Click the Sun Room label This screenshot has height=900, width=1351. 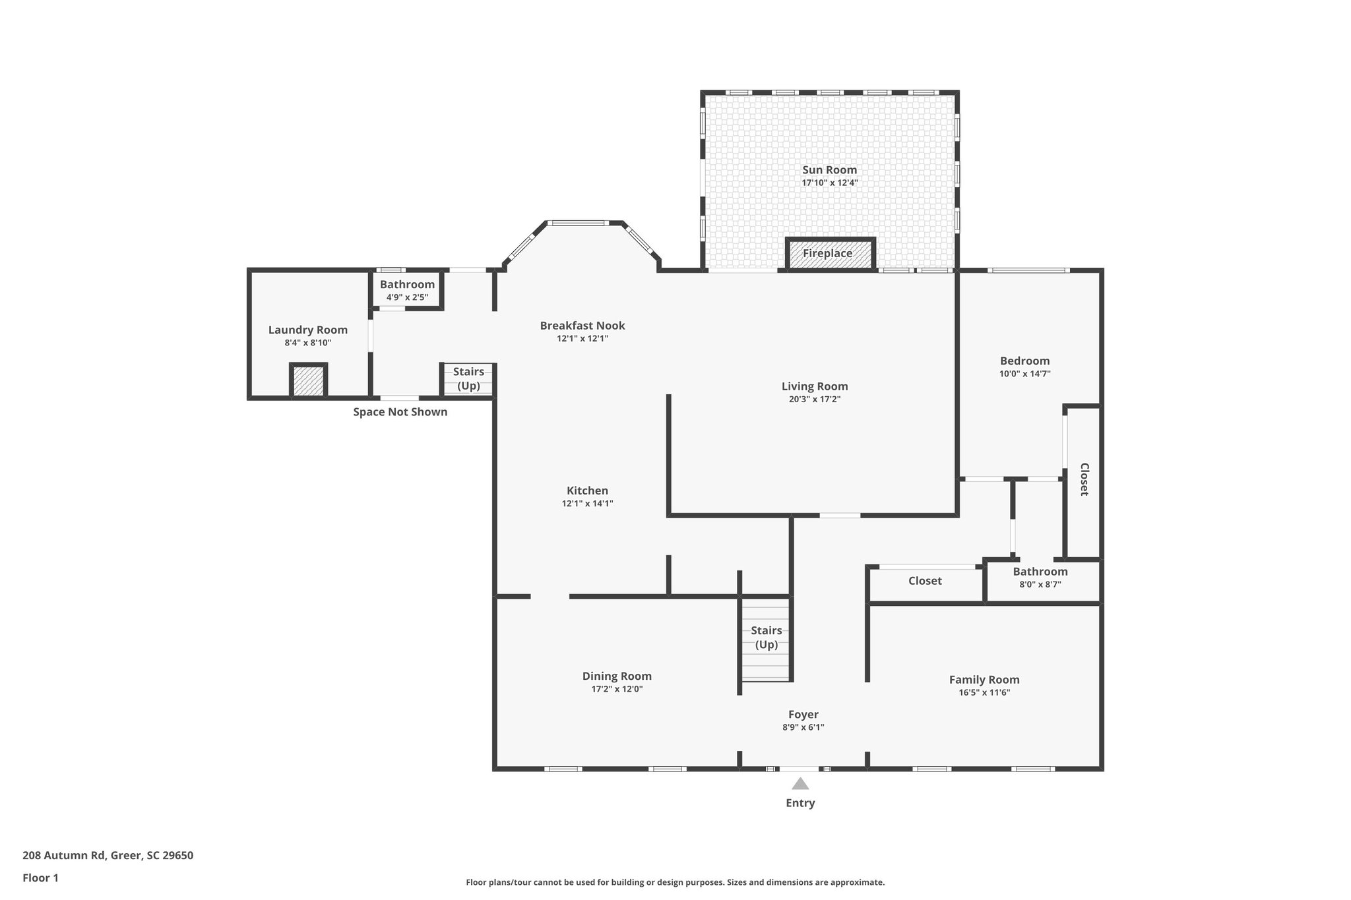pyautogui.click(x=829, y=170)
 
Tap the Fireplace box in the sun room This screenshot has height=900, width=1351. pyautogui.click(x=829, y=254)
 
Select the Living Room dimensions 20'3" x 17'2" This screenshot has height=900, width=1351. pyautogui.click(x=815, y=400)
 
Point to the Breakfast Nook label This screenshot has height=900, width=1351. pyautogui.click(x=582, y=326)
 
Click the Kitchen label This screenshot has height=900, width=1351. pyautogui.click(x=587, y=491)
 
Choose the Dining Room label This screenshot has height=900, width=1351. pyautogui.click(x=617, y=676)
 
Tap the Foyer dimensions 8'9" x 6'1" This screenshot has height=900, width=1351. pyautogui.click(x=803, y=728)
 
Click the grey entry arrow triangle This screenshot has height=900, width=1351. pyautogui.click(x=800, y=784)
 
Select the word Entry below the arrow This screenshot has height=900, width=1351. pyautogui.click(x=800, y=803)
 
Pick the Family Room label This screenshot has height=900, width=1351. pyautogui.click(x=984, y=680)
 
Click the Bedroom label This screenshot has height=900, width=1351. pyautogui.click(x=1024, y=361)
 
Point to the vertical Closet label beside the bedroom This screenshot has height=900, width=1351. pyautogui.click(x=1084, y=479)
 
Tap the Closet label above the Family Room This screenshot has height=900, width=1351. pyautogui.click(x=925, y=581)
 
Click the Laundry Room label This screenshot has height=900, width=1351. pyautogui.click(x=308, y=330)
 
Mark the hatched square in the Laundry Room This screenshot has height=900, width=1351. pyautogui.click(x=308, y=381)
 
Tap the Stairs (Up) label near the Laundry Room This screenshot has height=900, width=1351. pyautogui.click(x=468, y=379)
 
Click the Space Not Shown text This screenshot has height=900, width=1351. pyautogui.click(x=400, y=412)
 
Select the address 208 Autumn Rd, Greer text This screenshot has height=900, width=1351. pyautogui.click(x=108, y=856)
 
